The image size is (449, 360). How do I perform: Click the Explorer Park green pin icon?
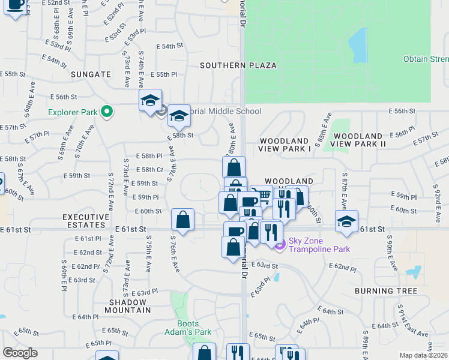click(107, 112)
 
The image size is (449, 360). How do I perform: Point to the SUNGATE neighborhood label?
click(91, 74)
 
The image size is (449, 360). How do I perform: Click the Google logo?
click(20, 353)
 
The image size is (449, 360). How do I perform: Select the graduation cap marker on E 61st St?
click(346, 221)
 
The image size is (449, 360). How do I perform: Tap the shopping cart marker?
click(261, 196)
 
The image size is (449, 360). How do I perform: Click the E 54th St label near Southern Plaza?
click(169, 46)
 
